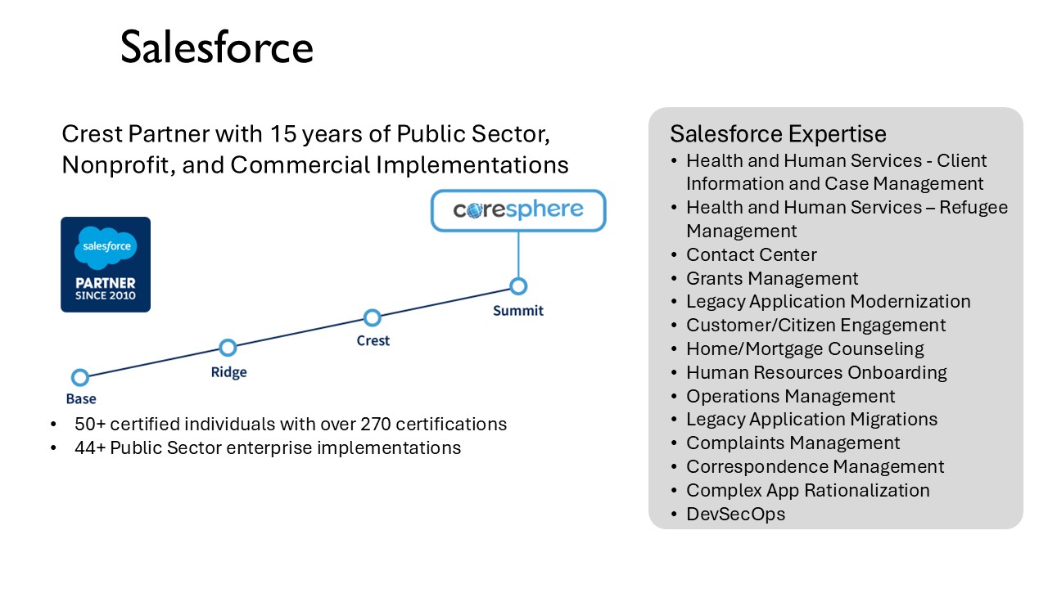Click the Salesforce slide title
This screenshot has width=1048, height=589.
point(217,47)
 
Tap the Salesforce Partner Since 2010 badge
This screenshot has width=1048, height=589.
point(106,264)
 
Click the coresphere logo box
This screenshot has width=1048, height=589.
point(518,210)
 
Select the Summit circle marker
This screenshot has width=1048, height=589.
point(518,286)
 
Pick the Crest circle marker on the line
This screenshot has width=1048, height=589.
point(373,318)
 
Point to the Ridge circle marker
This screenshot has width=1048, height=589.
point(228,348)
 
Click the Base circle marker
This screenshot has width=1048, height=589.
point(80,377)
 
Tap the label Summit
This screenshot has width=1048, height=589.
point(518,311)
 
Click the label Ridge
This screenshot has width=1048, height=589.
point(228,372)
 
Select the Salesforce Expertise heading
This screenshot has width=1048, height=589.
point(778,134)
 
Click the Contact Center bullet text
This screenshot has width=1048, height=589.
point(752,254)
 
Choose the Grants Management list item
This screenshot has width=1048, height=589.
point(772,279)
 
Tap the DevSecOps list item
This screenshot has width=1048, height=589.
point(735,515)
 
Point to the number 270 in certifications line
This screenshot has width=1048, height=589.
point(375,424)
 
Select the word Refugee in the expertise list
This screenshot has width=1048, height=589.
point(973,208)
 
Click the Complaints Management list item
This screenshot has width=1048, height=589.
point(793,443)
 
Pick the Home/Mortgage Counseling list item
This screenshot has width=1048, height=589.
point(805,349)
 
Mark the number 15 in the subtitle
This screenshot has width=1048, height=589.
point(283,134)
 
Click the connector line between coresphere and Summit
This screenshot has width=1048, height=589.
point(518,254)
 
